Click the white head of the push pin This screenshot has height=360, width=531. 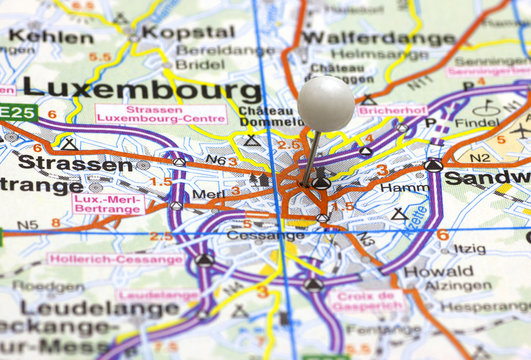326,102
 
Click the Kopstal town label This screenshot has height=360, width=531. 187,31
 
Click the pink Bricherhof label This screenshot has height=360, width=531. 391,108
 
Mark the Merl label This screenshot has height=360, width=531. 208,193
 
